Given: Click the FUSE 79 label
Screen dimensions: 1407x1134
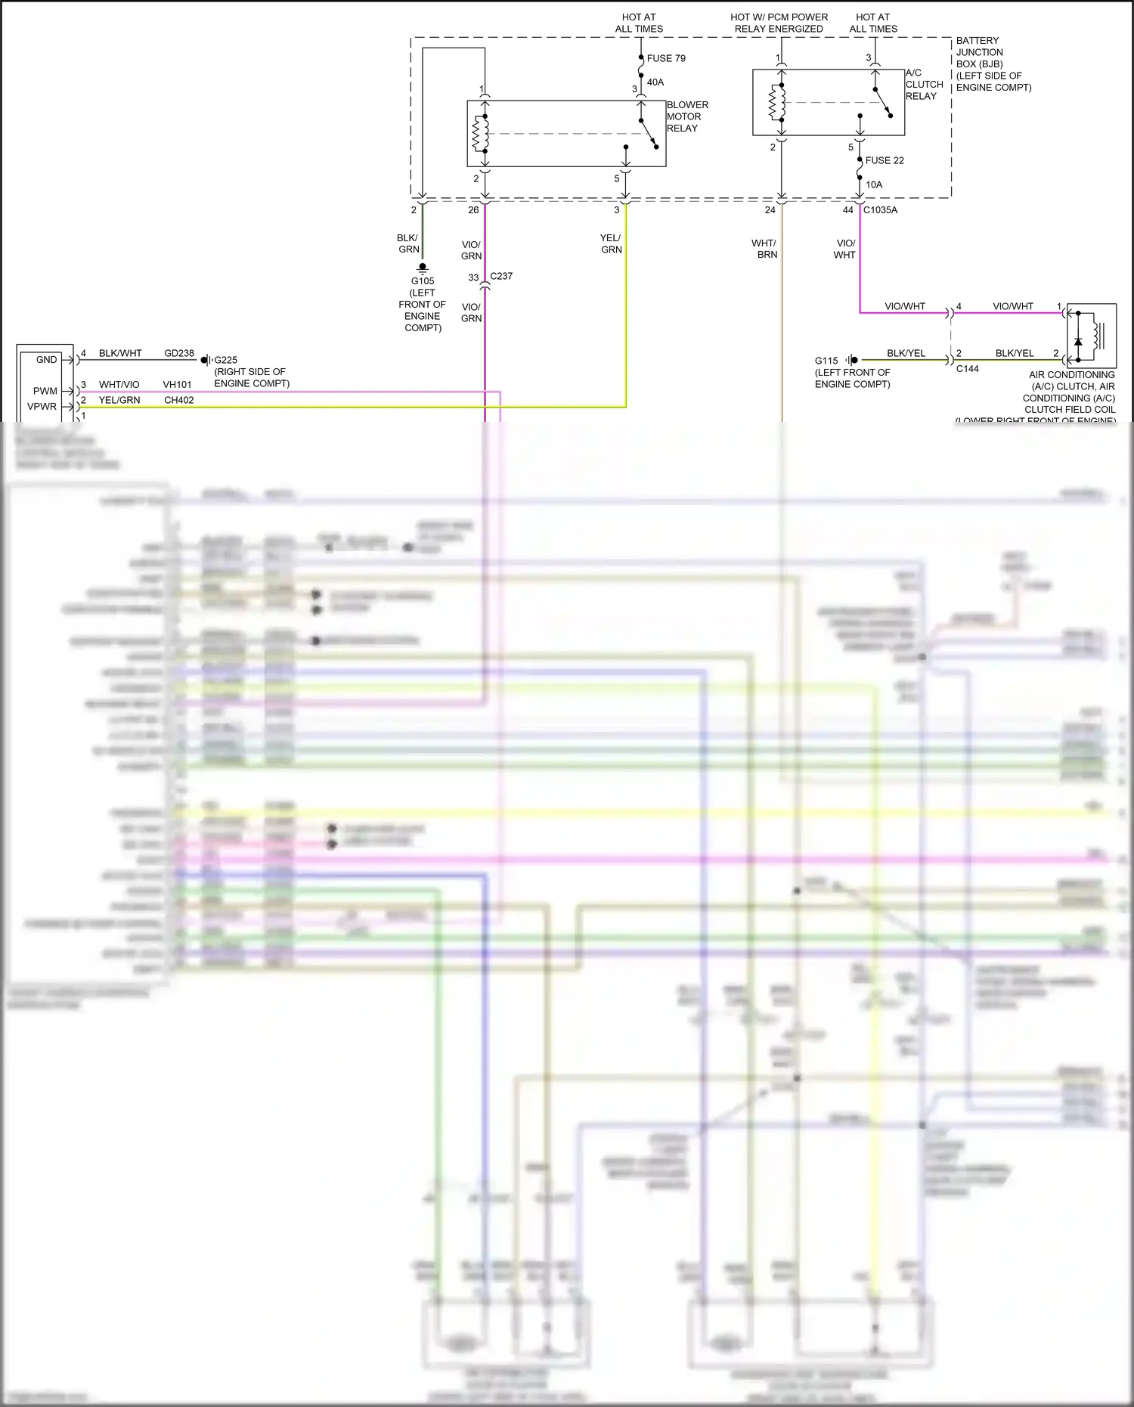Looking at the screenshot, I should coord(666,58).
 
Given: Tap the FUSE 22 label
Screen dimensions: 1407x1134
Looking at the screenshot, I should coord(885,160).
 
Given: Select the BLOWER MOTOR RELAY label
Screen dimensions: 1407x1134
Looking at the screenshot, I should coord(687,116).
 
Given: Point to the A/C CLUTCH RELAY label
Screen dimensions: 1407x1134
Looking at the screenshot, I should coord(924,85).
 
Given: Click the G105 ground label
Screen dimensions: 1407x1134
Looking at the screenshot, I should coord(423,281).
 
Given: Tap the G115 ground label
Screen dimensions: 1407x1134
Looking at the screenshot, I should coord(826,361).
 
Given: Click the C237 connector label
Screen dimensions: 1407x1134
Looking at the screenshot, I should coord(501,276).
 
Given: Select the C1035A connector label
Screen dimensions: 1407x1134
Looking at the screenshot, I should coord(880,210).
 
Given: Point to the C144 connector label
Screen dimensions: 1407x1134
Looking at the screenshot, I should coord(967,369).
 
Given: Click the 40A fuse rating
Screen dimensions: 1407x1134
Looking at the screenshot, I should coord(655,82).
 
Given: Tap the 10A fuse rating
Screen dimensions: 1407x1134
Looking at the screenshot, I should coord(874,184).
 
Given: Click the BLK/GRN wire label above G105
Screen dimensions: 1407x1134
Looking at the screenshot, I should coord(408,243).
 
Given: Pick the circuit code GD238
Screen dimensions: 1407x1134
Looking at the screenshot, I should coord(179,353).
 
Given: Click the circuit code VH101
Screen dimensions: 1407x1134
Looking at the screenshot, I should coord(177,385).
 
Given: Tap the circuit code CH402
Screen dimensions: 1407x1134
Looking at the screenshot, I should coord(178,400).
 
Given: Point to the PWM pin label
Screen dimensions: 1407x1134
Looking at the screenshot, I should coord(45,391).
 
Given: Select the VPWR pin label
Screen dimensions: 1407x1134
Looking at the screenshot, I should coord(42,406).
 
